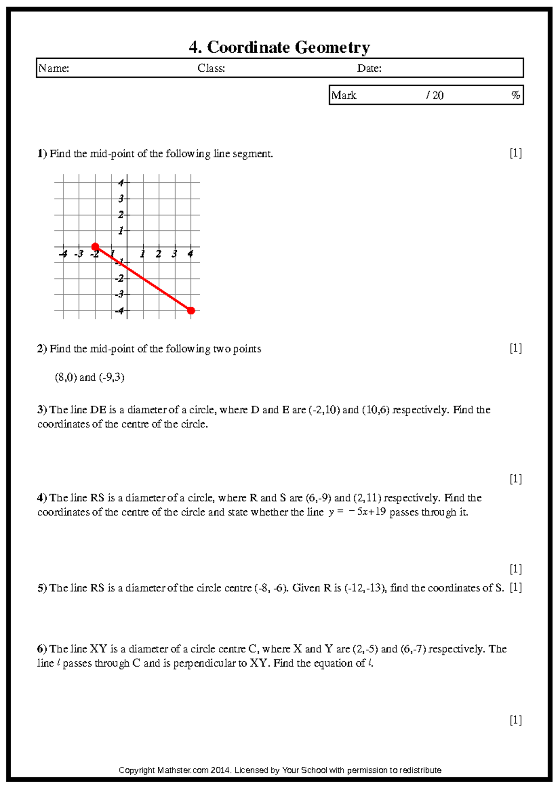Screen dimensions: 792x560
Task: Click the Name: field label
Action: (x=54, y=69)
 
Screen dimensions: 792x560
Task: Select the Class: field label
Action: (x=211, y=69)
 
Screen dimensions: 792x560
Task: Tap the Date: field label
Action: (x=369, y=69)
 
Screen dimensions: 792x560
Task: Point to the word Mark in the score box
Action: (x=344, y=96)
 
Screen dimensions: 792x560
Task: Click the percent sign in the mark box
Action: (x=515, y=96)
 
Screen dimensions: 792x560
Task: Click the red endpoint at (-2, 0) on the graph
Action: (x=95, y=247)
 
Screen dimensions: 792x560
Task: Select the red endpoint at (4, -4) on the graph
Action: (x=191, y=311)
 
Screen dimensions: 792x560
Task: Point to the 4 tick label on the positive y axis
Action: (x=121, y=183)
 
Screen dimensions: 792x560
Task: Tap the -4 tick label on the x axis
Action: (x=63, y=255)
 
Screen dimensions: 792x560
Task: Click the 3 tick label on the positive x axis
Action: (x=174, y=255)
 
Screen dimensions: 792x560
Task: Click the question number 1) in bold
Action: (x=42, y=154)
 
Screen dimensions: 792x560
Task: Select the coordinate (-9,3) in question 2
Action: (x=112, y=377)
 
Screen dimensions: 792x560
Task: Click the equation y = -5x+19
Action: (x=357, y=512)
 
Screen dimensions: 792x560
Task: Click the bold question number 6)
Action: (x=42, y=649)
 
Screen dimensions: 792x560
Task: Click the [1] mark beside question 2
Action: (x=515, y=348)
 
